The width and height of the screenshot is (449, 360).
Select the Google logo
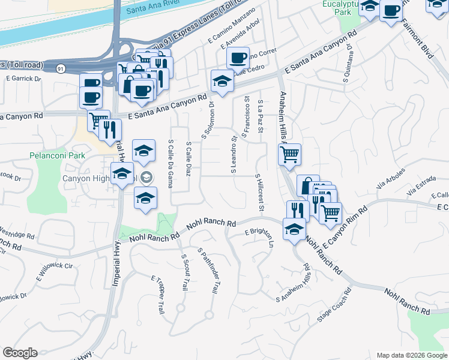coord(20,353)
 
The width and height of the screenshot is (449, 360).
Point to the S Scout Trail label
coord(184,271)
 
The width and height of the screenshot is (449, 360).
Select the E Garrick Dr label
coord(23,79)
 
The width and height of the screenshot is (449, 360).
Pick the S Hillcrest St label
coord(260,193)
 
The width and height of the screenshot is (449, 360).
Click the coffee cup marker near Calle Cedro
coord(238,58)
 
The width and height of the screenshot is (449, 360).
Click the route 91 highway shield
coord(61,69)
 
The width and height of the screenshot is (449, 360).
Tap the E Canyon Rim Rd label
coord(344,229)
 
